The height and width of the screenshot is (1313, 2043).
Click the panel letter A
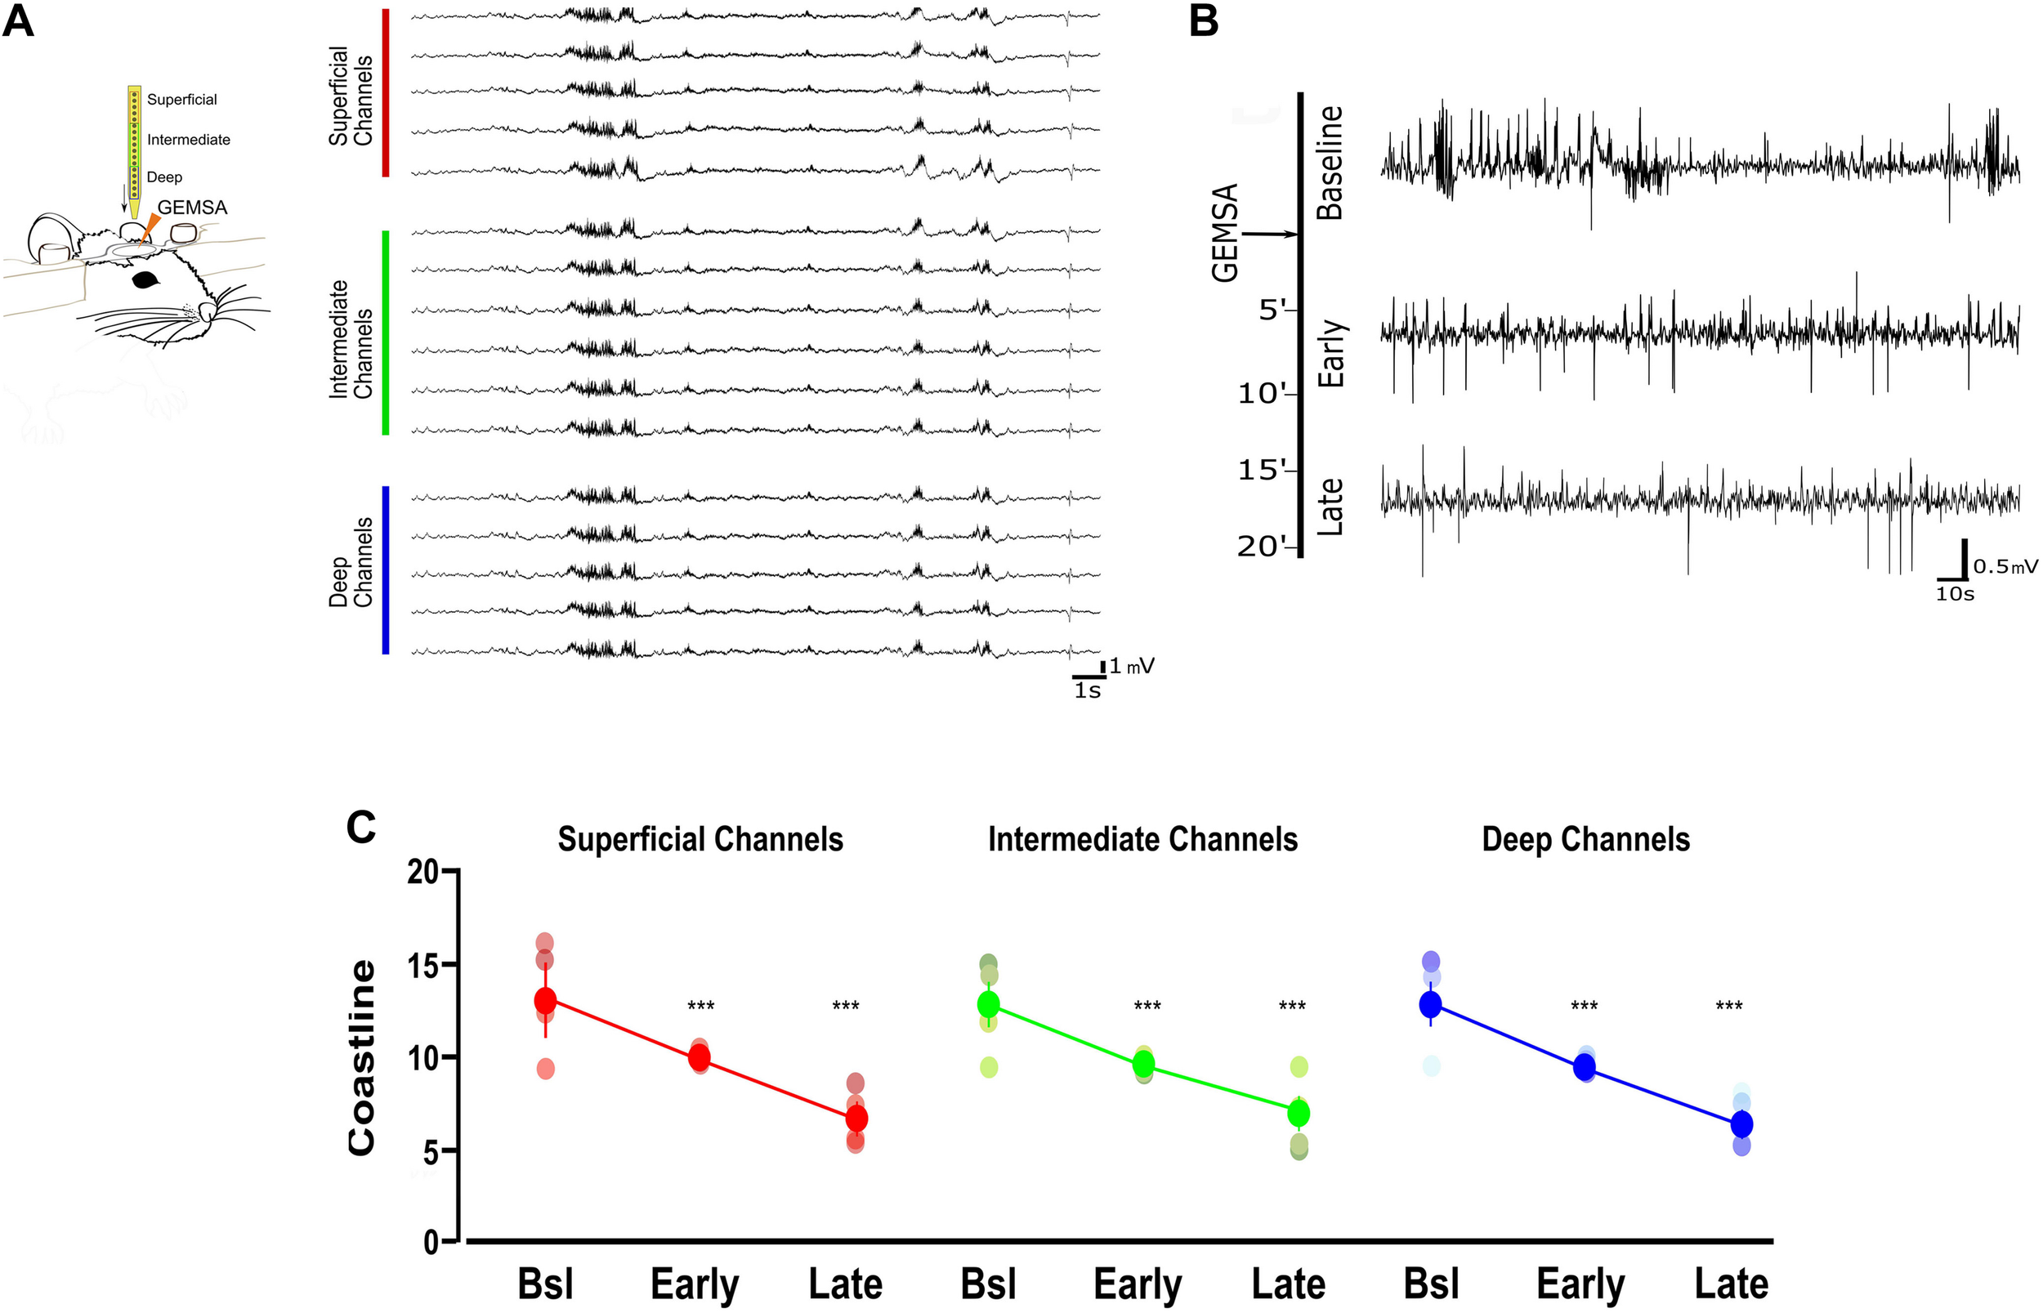coord(18,20)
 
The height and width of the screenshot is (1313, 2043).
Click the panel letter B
coord(1203,20)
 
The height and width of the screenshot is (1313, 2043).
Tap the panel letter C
coord(360,826)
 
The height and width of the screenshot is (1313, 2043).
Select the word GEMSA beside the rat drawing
coord(192,208)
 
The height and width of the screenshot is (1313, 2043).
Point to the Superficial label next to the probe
coord(181,100)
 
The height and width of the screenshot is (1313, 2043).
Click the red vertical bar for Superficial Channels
coord(386,93)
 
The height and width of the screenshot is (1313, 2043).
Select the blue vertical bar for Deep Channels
coord(386,569)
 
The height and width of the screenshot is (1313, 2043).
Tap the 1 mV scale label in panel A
coord(1131,667)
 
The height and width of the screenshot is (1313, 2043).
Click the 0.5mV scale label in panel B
coord(2005,567)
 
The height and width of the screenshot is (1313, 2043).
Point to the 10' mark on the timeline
coord(1266,394)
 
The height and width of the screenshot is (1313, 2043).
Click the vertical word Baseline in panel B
coord(1330,163)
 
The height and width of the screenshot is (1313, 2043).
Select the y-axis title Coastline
coord(362,1058)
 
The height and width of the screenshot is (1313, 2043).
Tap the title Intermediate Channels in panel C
coord(1142,840)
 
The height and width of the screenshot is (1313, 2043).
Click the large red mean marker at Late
coord(856,1118)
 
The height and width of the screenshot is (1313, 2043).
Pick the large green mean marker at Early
coord(1143,1063)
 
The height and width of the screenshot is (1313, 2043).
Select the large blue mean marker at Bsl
coord(1430,1004)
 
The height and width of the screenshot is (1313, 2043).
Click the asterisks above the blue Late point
coord(1728,1006)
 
